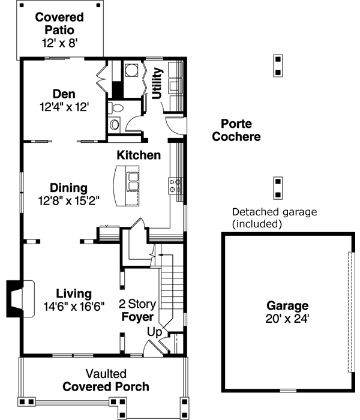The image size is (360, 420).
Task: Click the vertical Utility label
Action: (x=157, y=83)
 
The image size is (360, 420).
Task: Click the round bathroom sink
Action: (x=114, y=124)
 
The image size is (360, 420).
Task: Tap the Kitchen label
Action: (x=139, y=155)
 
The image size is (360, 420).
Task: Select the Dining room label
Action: (x=68, y=188)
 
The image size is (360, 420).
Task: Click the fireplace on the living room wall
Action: (x=15, y=298)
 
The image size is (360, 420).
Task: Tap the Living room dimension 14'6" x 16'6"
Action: (x=74, y=306)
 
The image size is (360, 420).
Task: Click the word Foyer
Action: (x=137, y=316)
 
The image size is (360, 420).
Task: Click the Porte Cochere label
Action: (x=240, y=130)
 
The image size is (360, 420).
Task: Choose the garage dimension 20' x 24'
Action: (x=289, y=319)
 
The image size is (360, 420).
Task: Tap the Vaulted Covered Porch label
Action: (x=106, y=380)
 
